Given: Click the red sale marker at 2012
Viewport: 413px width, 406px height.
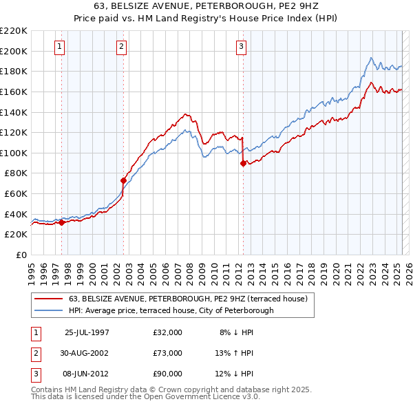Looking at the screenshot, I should [243, 164].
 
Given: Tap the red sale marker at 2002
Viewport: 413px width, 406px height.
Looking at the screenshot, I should [123, 181].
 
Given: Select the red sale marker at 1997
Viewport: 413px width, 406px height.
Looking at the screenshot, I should [61, 222].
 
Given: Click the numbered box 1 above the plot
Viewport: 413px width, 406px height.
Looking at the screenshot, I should [60, 47].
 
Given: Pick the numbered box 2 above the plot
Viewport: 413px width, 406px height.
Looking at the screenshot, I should [121, 47].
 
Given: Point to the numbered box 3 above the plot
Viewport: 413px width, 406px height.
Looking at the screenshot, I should [242, 47].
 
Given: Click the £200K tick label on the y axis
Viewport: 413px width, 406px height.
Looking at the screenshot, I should [14, 51].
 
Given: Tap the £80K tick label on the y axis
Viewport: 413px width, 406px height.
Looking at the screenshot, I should [17, 173].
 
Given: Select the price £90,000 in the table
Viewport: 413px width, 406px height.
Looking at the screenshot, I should [167, 374].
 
